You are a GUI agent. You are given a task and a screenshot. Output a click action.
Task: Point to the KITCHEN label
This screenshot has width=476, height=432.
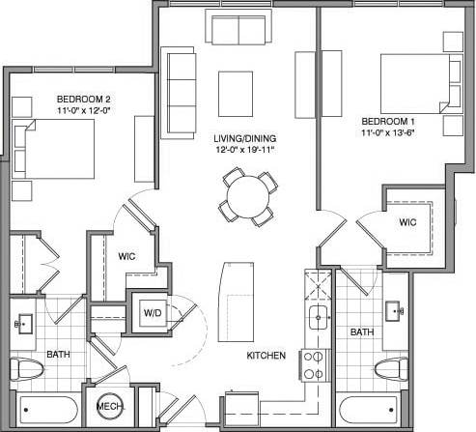tap(266, 356)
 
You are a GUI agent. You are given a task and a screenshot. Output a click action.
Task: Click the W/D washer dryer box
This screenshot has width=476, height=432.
tap(153, 312)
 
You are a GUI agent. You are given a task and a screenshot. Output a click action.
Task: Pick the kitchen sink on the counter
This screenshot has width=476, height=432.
tap(316, 315)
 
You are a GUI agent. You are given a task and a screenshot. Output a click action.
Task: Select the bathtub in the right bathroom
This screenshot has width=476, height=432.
tap(374, 410)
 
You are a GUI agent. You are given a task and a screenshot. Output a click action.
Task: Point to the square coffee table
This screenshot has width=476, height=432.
tap(237, 93)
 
